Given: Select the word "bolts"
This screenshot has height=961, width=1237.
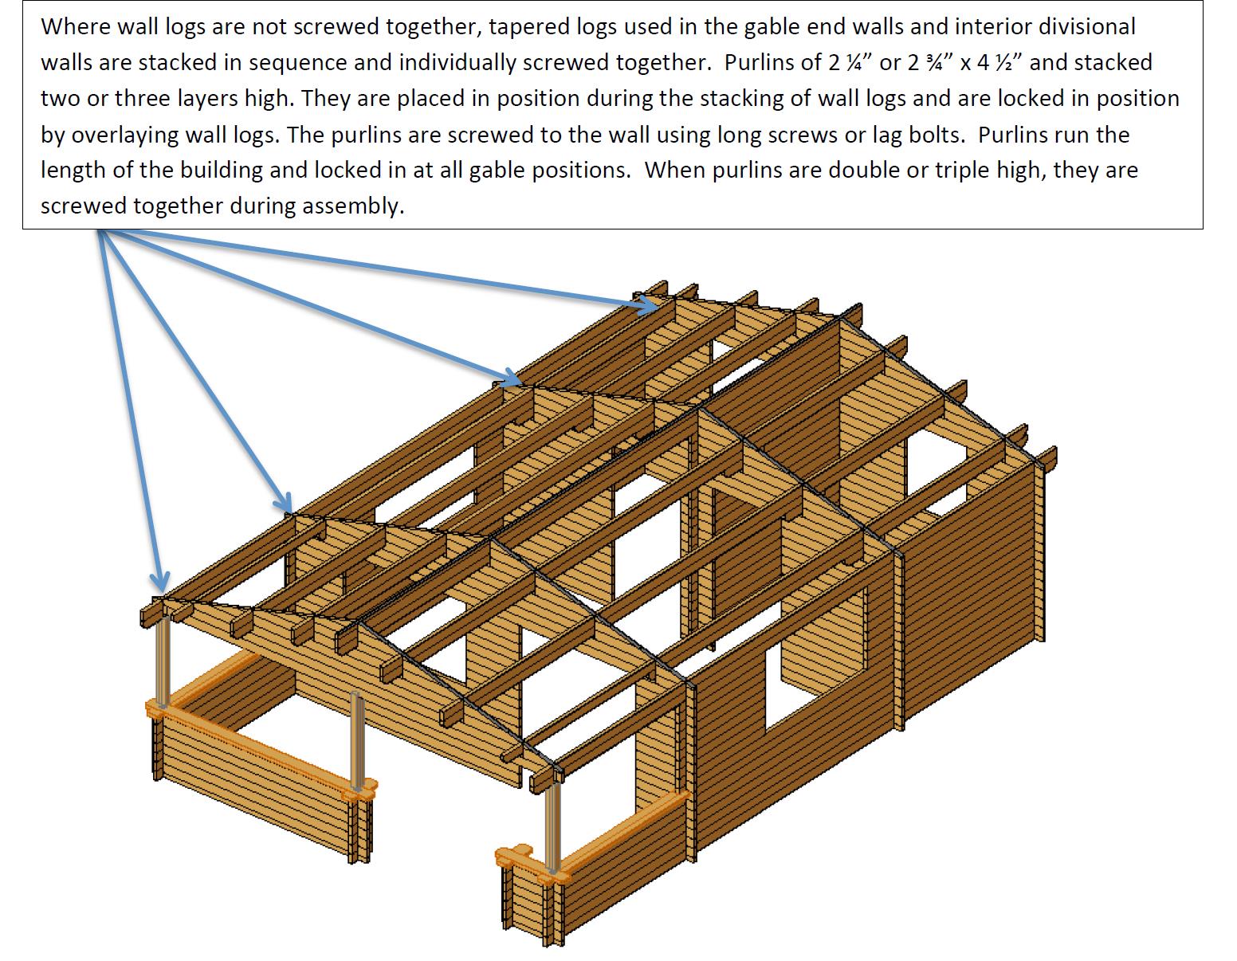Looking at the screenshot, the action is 931,135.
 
